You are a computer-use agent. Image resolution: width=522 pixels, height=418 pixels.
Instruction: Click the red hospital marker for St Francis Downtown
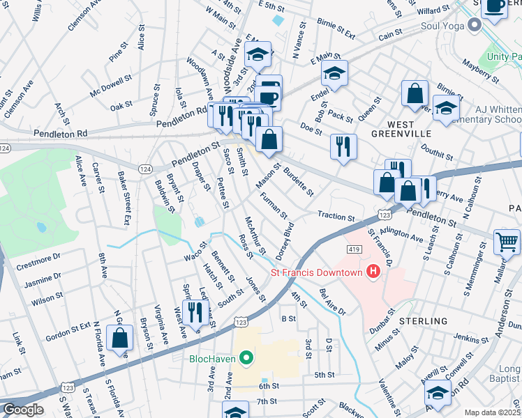click(x=373, y=271)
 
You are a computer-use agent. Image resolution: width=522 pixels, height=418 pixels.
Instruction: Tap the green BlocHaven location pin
click(x=245, y=359)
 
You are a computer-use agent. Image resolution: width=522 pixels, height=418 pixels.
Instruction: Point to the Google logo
click(x=22, y=410)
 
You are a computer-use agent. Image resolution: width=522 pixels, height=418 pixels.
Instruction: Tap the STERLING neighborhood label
click(x=424, y=321)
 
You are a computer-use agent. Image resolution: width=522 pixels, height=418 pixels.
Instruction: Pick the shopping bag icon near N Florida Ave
click(x=121, y=338)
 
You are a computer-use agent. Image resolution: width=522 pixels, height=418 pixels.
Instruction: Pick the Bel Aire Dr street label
click(x=332, y=302)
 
